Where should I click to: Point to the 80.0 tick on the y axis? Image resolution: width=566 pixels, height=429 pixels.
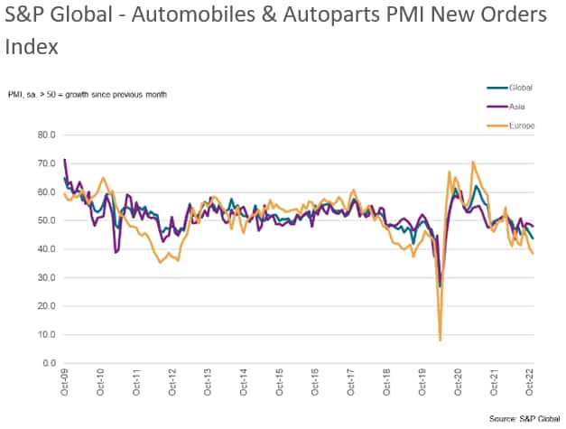pyautogui.click(x=46, y=135)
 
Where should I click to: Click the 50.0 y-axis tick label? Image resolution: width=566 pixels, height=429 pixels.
pyautogui.click(x=46, y=220)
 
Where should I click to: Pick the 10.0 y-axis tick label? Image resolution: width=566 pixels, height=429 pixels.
pyautogui.click(x=46, y=335)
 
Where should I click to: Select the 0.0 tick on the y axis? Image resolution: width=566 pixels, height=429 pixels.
pyautogui.click(x=49, y=363)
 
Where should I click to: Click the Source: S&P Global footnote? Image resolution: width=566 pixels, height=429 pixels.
pyautogui.click(x=524, y=419)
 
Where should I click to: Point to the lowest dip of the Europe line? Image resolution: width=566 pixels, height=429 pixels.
pyautogui.click(x=441, y=340)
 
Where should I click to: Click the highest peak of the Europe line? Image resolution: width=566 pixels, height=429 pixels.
pyautogui.click(x=473, y=163)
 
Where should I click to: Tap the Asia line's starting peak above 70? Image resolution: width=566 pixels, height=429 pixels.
pyautogui.click(x=65, y=160)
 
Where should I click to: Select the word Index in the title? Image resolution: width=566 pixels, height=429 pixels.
pyautogui.click(x=30, y=46)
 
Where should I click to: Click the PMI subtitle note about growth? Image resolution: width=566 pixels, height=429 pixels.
pyautogui.click(x=88, y=94)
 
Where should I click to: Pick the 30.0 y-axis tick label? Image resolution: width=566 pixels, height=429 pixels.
pyautogui.click(x=46, y=277)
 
